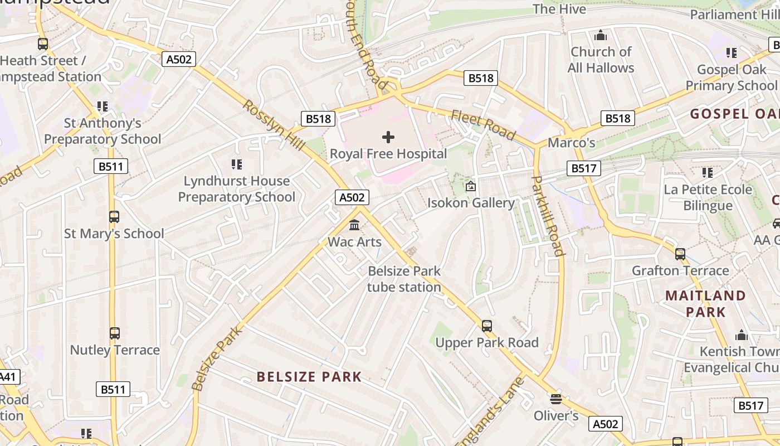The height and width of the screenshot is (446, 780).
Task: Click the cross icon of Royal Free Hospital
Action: (x=388, y=137)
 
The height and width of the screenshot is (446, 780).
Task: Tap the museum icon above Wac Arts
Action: (x=354, y=225)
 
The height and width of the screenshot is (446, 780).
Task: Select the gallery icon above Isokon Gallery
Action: (x=471, y=186)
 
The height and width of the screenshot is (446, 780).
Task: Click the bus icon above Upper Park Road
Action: (x=487, y=326)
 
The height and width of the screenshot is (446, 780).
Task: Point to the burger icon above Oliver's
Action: (x=555, y=399)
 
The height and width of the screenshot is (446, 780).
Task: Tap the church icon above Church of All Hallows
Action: (x=601, y=36)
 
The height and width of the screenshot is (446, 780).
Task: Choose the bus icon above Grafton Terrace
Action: (x=680, y=254)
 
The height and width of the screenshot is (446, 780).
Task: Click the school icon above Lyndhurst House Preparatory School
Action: (x=237, y=164)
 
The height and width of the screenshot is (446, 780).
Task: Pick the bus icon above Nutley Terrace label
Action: (x=114, y=333)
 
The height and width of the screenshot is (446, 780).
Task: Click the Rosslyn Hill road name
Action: (x=274, y=125)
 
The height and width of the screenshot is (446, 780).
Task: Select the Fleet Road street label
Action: (x=483, y=125)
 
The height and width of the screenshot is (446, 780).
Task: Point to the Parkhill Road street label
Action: (x=548, y=216)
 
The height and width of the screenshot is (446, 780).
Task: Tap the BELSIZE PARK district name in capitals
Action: (x=309, y=377)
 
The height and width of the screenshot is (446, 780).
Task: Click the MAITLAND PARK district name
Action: (x=705, y=303)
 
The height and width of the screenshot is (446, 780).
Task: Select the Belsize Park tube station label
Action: (x=404, y=279)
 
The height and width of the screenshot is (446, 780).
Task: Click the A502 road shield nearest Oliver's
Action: (x=605, y=424)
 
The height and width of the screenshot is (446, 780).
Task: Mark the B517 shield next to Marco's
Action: (x=584, y=168)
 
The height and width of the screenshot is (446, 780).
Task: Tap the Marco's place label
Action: (x=572, y=143)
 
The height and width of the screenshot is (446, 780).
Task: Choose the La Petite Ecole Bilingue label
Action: (x=708, y=197)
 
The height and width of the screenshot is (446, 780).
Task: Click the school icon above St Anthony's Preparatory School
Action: (x=102, y=106)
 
